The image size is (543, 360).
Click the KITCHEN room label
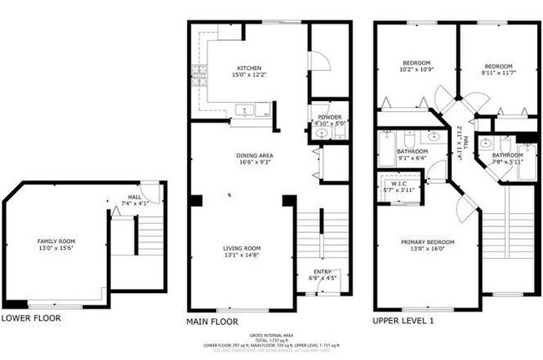point(250,68)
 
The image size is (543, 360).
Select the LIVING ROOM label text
point(241,248)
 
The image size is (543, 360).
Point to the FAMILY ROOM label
point(54,241)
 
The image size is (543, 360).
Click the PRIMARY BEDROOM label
point(427,242)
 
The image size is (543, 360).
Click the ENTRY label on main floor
point(322,271)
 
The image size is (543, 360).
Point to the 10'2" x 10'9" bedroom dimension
point(416,69)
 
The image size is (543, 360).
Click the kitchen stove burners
point(199,76)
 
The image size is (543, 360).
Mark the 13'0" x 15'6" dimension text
point(54,247)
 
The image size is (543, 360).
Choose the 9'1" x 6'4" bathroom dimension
point(413,158)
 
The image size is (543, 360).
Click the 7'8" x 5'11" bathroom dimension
point(508,161)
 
